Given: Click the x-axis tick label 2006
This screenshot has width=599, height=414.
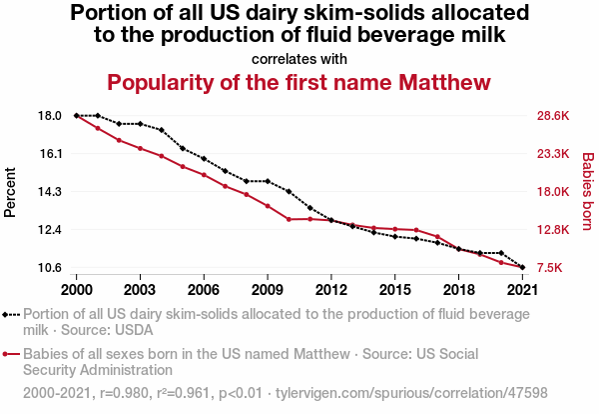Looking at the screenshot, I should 204,289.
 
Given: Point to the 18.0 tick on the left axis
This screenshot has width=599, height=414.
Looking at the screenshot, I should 50,116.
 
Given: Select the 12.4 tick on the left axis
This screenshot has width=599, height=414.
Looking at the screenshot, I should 50,230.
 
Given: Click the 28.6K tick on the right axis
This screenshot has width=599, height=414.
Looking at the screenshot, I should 553,116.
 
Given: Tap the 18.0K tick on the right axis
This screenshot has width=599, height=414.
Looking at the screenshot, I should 553,192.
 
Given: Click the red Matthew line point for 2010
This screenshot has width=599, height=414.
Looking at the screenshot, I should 289,219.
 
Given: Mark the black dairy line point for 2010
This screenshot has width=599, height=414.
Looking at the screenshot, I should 289,191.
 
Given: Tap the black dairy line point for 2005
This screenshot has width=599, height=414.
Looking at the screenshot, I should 183,149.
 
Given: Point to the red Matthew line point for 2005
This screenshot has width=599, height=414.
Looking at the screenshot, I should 183,166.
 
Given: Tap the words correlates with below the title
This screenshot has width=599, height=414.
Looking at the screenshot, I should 299,58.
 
